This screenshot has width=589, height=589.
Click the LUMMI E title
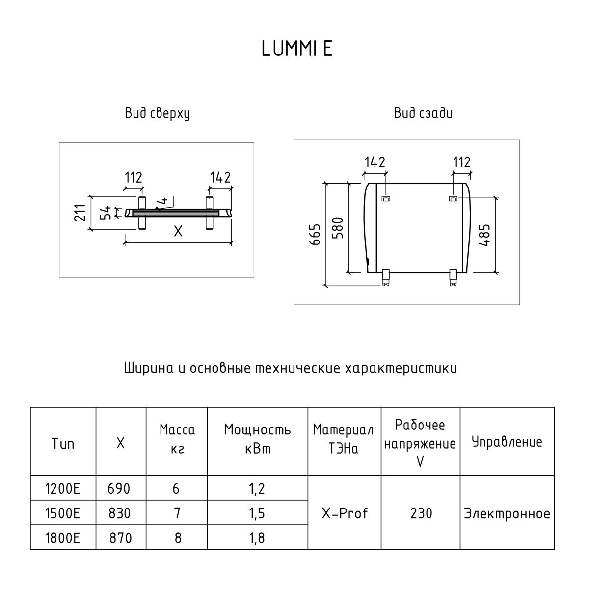(297, 49)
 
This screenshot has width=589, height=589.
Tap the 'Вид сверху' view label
(157, 114)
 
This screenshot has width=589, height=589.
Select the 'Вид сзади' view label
(423, 114)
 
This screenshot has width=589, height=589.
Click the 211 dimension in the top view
(81, 212)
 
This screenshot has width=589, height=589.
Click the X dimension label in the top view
(178, 231)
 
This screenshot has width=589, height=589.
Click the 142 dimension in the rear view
(375, 162)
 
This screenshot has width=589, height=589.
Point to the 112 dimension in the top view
(134, 177)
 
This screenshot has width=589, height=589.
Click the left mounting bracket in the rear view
(386, 198)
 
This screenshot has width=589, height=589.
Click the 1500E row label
(62, 513)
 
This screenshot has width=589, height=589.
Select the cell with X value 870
(121, 538)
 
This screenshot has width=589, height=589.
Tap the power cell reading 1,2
(257, 489)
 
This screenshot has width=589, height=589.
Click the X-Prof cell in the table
(345, 513)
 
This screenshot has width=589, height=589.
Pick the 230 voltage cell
(421, 513)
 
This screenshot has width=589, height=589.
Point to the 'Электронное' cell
(507, 514)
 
